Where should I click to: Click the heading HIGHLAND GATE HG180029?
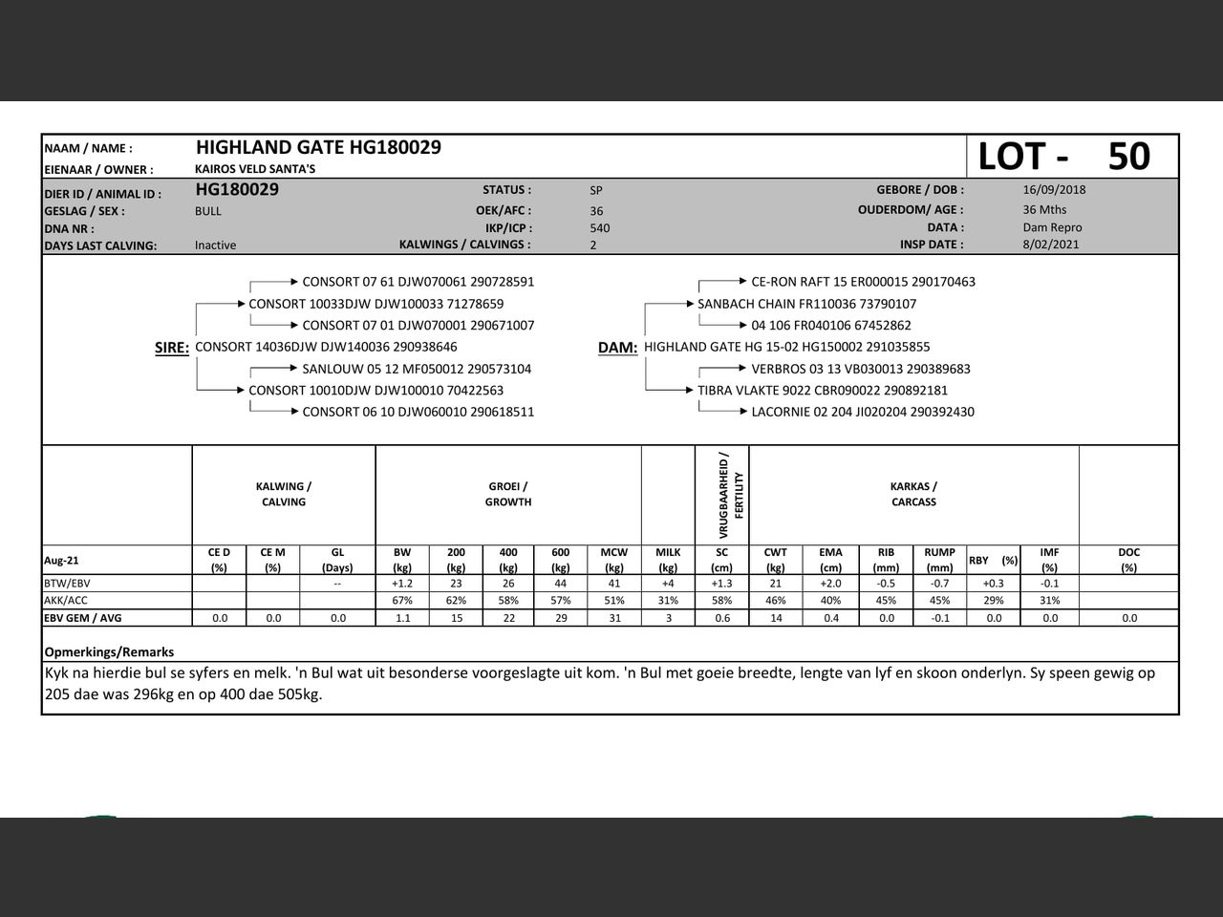click(x=318, y=147)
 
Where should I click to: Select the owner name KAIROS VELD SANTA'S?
click(x=255, y=169)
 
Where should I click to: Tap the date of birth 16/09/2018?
click(x=1054, y=189)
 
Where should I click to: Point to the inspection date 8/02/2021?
click(x=1051, y=245)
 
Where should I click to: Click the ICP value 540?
click(x=600, y=228)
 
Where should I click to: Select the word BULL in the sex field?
click(x=208, y=211)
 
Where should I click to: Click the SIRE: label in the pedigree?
click(x=172, y=348)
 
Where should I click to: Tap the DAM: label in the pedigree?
click(x=617, y=348)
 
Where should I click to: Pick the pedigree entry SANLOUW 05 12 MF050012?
click(x=417, y=369)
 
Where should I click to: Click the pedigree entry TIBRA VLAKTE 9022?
click(x=823, y=391)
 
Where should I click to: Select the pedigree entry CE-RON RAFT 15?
click(x=863, y=282)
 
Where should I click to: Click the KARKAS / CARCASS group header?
click(x=913, y=494)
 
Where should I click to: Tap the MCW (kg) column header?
click(x=614, y=559)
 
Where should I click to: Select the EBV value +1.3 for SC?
click(x=721, y=584)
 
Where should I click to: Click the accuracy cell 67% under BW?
click(x=402, y=601)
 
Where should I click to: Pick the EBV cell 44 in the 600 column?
click(x=561, y=584)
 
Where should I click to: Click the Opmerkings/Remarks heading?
click(x=109, y=651)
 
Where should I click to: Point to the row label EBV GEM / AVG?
click(x=83, y=618)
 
